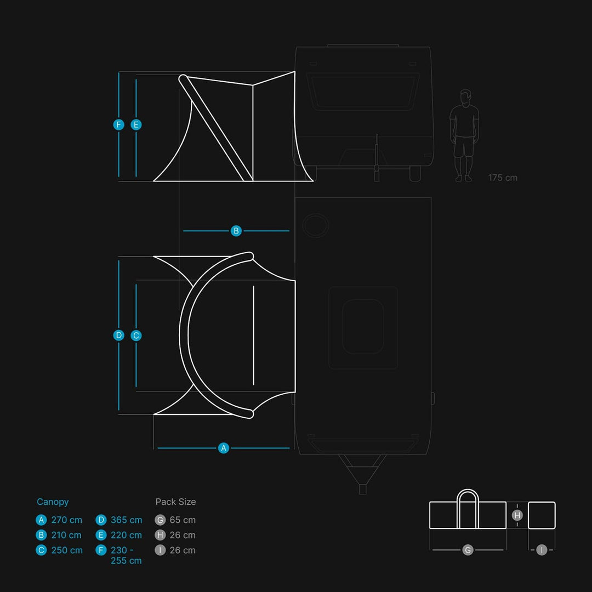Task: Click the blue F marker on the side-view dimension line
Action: click(x=118, y=124)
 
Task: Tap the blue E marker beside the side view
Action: click(x=136, y=124)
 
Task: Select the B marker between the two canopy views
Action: click(x=236, y=231)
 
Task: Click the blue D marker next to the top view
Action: click(x=118, y=335)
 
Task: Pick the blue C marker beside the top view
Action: click(x=136, y=335)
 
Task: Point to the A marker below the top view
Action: click(x=224, y=448)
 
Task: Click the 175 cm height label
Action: click(x=503, y=178)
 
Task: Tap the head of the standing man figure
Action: click(x=466, y=96)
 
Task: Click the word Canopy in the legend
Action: click(x=53, y=502)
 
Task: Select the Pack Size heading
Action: click(x=175, y=502)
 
